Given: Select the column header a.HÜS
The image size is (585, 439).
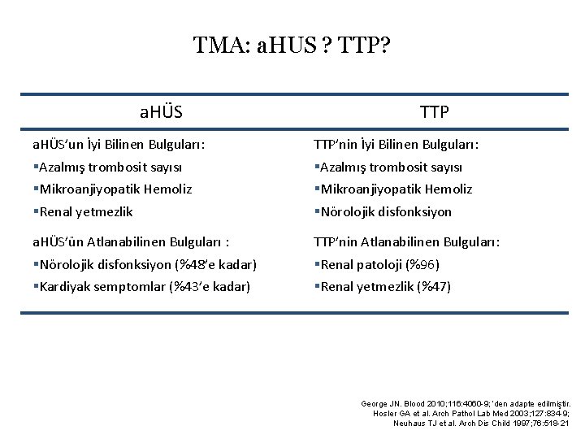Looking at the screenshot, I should (161, 112).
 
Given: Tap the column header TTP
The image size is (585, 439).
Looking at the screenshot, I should (435, 112).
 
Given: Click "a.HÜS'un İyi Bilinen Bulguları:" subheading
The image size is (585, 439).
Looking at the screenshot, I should (118, 145).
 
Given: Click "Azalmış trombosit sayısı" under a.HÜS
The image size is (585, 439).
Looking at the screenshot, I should (109, 167).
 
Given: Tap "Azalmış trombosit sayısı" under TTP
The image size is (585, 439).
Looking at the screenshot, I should (391, 167).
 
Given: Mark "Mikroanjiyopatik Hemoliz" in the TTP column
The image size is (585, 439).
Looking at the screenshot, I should (396, 189).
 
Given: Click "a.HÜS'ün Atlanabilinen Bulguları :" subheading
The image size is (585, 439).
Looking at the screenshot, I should (124, 241).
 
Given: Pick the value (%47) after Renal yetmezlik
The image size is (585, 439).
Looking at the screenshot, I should (433, 286).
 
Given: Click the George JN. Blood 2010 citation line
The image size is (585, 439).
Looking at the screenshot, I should (466, 403).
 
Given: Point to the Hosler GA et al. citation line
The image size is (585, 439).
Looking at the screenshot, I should (471, 413).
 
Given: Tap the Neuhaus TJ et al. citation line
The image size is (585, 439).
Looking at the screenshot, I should (482, 423).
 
